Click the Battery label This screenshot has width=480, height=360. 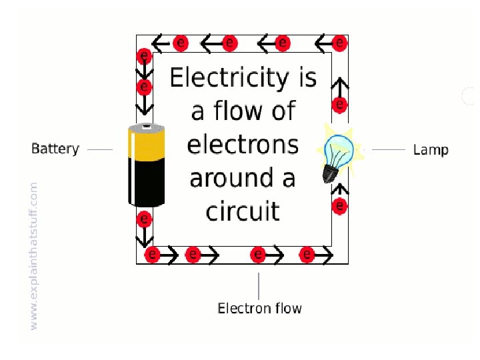55,149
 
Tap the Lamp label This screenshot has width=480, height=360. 431,149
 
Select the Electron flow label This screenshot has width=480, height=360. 259,308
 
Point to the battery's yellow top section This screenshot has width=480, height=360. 147,143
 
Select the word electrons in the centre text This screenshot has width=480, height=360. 243,145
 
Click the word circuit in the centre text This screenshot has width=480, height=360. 243,211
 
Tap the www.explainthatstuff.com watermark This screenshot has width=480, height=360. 34,255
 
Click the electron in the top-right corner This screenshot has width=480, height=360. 339,43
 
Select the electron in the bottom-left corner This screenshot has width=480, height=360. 152,254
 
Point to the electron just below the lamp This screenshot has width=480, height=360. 339,207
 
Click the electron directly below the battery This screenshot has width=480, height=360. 143,219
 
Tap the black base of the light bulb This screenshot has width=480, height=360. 329,173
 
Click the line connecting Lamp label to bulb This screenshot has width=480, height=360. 388,150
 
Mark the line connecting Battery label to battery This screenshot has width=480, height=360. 100,149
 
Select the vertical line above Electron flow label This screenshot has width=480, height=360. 259,285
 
